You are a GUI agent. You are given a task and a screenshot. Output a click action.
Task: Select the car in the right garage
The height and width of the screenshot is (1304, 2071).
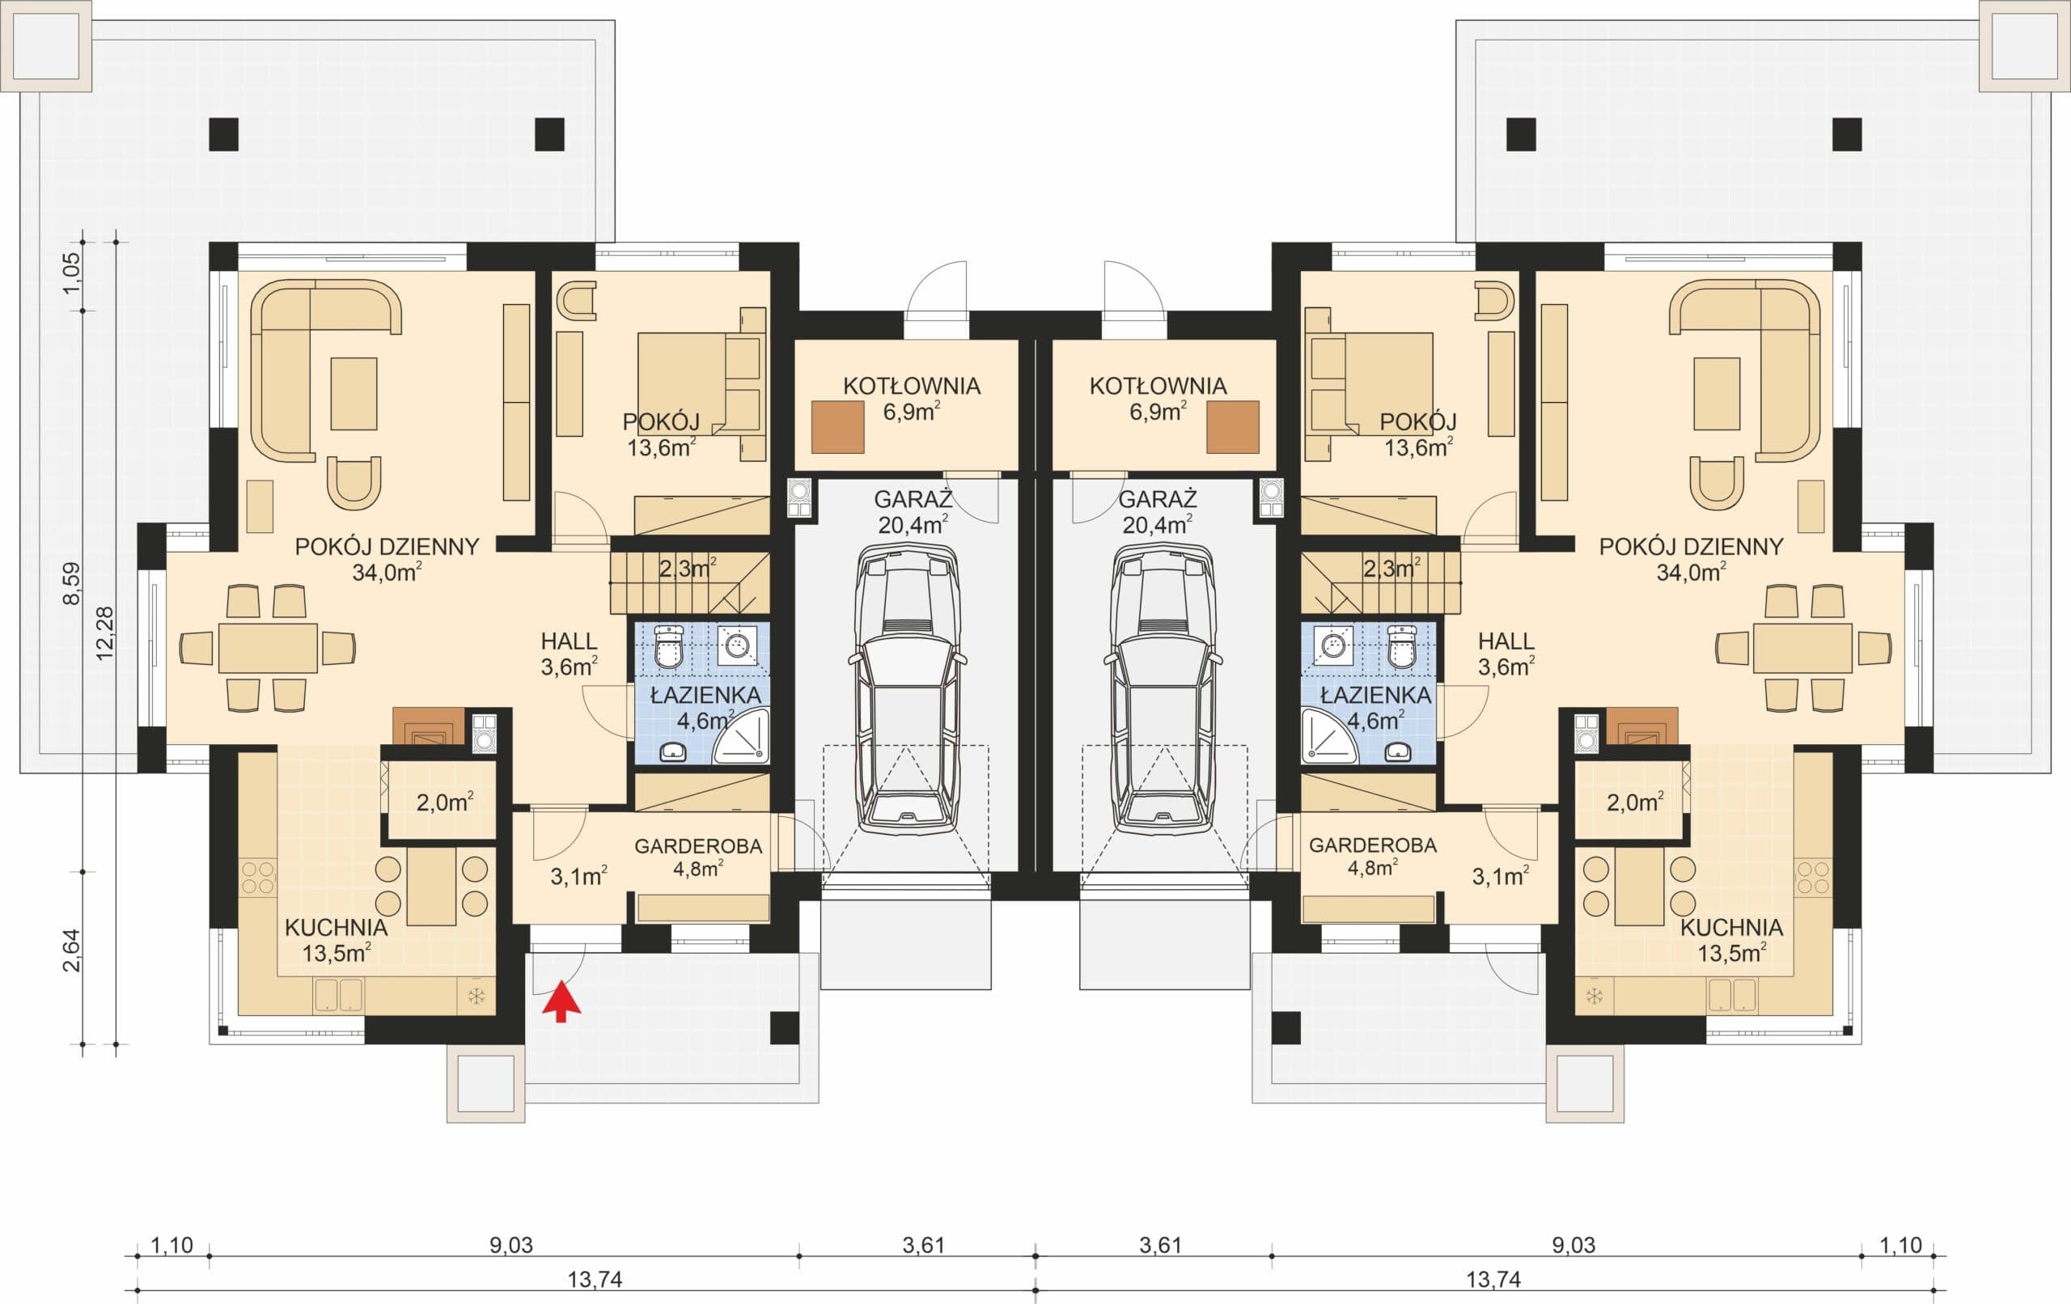tap(1162, 691)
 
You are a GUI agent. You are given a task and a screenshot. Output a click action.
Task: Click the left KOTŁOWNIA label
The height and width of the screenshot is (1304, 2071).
tap(912, 386)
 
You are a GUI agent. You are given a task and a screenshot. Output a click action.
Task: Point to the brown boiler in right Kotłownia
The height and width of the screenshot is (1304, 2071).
tap(1232, 427)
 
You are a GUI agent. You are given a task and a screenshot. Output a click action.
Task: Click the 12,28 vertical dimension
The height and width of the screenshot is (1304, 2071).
tap(105, 633)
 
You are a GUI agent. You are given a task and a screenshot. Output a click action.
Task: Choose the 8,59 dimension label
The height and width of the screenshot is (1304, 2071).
tap(71, 583)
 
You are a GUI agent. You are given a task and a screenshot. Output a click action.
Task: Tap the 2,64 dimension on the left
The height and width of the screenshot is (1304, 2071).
tap(71, 950)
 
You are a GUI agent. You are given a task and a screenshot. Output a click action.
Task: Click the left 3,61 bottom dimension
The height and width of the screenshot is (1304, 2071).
tap(925, 1245)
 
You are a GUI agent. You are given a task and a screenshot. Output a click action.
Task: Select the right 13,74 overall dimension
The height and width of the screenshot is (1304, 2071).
tap(1493, 1280)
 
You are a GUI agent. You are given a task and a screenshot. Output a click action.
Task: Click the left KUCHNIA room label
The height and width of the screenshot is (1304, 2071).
tap(337, 928)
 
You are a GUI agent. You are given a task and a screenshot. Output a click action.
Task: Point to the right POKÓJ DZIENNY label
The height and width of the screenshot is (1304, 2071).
tap(1691, 546)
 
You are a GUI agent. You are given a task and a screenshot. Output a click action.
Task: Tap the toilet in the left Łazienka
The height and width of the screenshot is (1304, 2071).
tap(668, 647)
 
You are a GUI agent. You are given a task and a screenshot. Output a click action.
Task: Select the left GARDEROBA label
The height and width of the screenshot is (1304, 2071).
tap(698, 846)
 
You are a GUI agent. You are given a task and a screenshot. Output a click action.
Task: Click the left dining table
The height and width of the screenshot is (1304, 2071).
tap(268, 648)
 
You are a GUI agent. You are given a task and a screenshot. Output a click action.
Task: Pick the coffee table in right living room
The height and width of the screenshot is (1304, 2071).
tap(1717, 393)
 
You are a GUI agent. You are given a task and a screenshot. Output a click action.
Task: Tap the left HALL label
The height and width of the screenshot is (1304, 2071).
tap(569, 641)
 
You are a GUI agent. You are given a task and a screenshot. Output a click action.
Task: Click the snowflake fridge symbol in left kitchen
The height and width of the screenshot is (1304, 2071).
tap(476, 996)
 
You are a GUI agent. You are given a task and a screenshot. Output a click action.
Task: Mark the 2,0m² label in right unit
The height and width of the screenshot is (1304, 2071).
tap(1635, 802)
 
